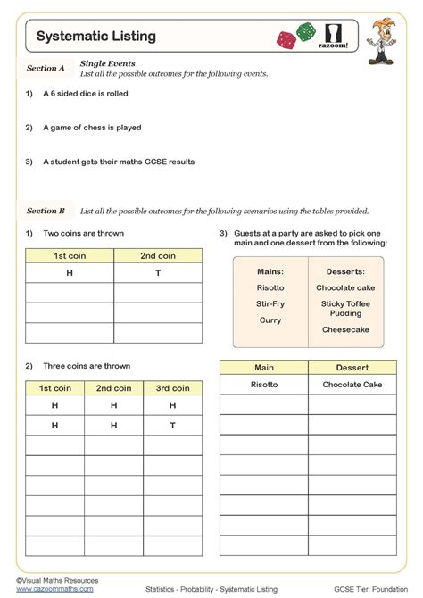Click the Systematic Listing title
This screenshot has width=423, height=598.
[95, 37]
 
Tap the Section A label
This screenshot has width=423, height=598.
[46, 68]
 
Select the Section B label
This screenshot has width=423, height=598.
[46, 211]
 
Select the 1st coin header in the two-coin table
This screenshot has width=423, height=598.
[69, 256]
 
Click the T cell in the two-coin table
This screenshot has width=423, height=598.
[158, 273]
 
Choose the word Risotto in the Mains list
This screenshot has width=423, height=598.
[270, 288]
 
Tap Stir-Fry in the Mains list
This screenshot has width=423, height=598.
[270, 303]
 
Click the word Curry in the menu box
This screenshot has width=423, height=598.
[270, 320]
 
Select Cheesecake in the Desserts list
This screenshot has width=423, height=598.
[346, 329]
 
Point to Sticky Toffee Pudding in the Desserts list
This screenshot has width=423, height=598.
[346, 309]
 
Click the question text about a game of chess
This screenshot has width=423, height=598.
[92, 128]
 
